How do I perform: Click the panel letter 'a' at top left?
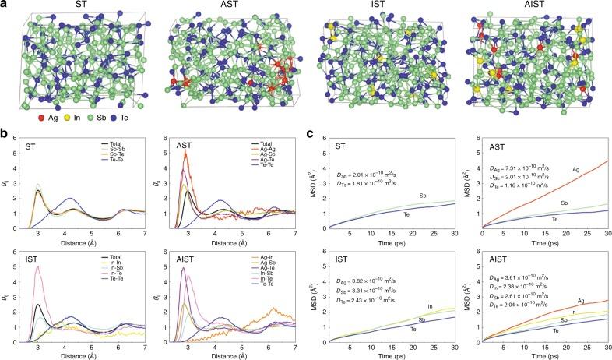point(5,5)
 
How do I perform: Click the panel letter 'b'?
point(5,136)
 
